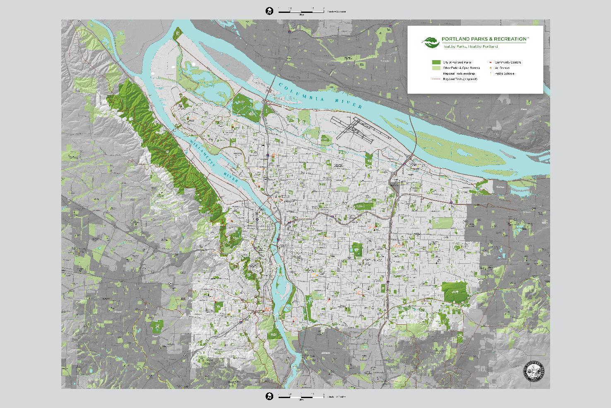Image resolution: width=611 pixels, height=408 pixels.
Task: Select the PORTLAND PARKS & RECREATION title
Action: pos(485,39)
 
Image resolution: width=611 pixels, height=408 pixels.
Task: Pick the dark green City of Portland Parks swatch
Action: pos(436,62)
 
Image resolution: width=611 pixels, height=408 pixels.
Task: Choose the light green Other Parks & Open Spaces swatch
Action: pos(436,68)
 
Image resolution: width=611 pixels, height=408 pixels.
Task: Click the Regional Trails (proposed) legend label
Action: pos(460,79)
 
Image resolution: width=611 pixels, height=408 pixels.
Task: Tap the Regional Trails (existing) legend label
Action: pos(459,73)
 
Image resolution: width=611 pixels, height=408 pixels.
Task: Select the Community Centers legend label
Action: pos(508,63)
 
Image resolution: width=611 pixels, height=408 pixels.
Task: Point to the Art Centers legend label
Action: pos(502,68)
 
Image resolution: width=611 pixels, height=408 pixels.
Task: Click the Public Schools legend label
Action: pos(504,74)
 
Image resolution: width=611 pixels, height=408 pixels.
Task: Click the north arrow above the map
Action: pos(269,11)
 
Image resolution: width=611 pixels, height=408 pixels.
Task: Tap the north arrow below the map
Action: pos(269,396)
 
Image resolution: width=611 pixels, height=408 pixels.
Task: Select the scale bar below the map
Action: pos(301,396)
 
